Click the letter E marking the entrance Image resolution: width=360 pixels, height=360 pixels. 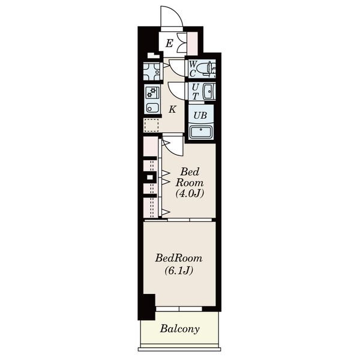pyautogui.click(x=169, y=43)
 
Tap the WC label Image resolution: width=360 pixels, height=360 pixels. pyautogui.click(x=193, y=68)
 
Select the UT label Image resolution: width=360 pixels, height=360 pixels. pyautogui.click(x=195, y=91)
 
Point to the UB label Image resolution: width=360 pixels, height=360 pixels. pyautogui.click(x=200, y=115)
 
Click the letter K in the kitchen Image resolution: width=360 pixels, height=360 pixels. pyautogui.click(x=172, y=110)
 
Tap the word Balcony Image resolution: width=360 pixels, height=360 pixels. pyautogui.click(x=180, y=329)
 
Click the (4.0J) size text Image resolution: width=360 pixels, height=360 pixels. pyautogui.click(x=190, y=194)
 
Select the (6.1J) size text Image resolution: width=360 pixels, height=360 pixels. pyautogui.click(x=179, y=271)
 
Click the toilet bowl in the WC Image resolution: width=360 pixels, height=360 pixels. pyautogui.click(x=205, y=68)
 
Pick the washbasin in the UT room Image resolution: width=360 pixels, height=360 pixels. pyautogui.click(x=209, y=91)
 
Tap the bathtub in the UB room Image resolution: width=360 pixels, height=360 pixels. pyautogui.click(x=201, y=132)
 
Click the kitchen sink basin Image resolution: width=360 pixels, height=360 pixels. pyautogui.click(x=152, y=108)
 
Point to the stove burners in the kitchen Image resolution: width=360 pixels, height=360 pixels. pyautogui.click(x=152, y=92)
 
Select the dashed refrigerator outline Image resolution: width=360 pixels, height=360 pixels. pyautogui.click(x=151, y=125)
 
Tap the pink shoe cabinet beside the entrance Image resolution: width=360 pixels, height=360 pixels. pyautogui.click(x=193, y=43)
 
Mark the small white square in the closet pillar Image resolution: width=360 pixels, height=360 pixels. pyautogui.click(x=149, y=177)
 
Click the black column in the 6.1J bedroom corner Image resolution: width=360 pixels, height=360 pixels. pyautogui.click(x=148, y=307)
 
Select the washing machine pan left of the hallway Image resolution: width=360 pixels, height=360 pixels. pyautogui.click(x=152, y=71)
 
